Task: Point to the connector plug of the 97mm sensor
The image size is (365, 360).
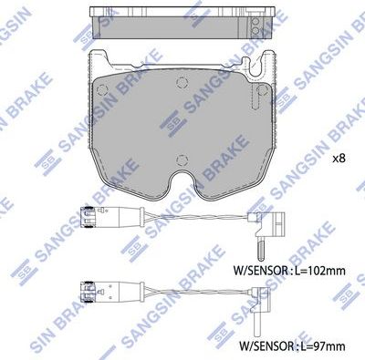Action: coord(89,294)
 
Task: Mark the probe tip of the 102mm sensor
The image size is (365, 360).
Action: coord(262,248)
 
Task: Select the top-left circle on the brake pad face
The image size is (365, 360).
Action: coord(103,88)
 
